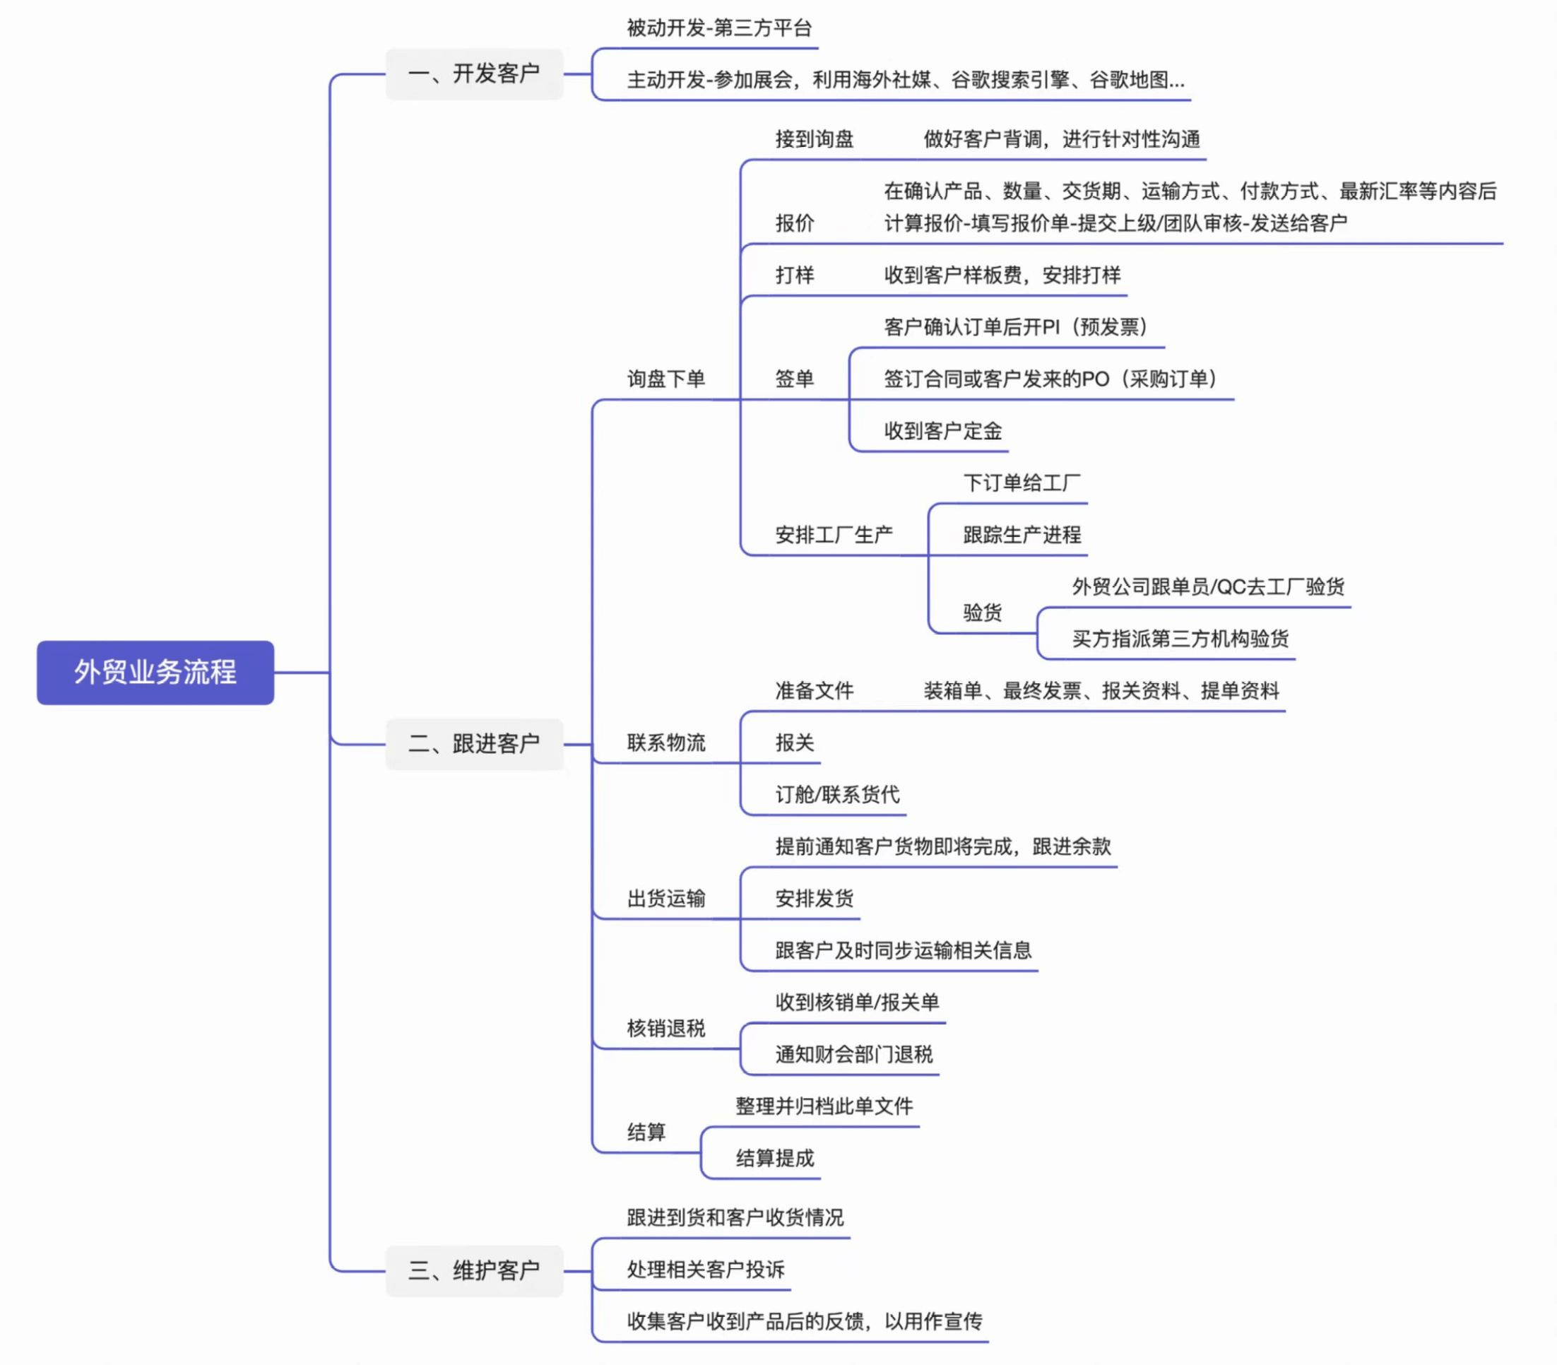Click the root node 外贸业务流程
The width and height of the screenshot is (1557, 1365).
(155, 672)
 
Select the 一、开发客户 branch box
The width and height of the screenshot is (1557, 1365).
(474, 74)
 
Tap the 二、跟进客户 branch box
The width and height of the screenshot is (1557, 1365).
(474, 743)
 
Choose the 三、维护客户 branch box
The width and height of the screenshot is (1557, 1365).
(474, 1270)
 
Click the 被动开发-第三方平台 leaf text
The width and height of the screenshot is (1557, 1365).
(719, 28)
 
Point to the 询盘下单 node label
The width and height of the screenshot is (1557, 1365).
(665, 379)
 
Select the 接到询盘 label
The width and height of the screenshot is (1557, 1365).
(815, 139)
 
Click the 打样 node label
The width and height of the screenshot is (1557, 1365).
(795, 275)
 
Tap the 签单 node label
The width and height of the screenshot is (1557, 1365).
(795, 379)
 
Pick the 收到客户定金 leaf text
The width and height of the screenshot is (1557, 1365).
(942, 431)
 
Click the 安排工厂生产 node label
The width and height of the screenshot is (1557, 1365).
(834, 535)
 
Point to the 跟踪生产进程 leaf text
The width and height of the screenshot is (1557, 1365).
(1022, 535)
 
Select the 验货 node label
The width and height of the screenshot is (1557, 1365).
(982, 613)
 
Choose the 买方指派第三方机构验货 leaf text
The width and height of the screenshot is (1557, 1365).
(1180, 638)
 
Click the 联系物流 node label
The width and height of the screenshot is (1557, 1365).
(665, 743)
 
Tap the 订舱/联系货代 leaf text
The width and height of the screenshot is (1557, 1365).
(837, 794)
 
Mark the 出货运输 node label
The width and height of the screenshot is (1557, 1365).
(665, 899)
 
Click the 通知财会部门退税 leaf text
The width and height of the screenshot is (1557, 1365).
(854, 1054)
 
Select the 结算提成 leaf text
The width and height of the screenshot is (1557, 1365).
(775, 1159)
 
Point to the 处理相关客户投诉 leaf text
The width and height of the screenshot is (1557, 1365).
(705, 1269)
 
